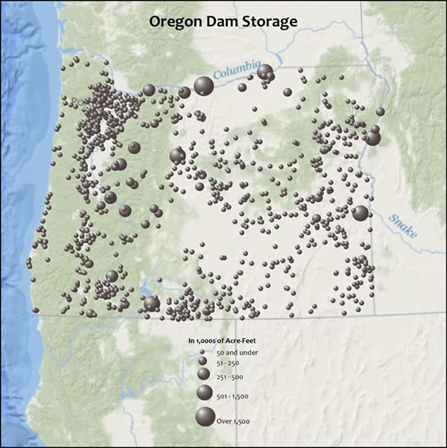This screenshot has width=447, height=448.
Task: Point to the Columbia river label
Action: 237,71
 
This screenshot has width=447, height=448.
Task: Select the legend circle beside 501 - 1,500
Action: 203,394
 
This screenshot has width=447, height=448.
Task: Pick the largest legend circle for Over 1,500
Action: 203,418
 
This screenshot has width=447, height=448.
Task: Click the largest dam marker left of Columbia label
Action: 203,86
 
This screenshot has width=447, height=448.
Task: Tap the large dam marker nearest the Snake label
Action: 361,213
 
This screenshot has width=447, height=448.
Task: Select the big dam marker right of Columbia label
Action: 264,72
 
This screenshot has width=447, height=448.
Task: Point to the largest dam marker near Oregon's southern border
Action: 151,303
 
